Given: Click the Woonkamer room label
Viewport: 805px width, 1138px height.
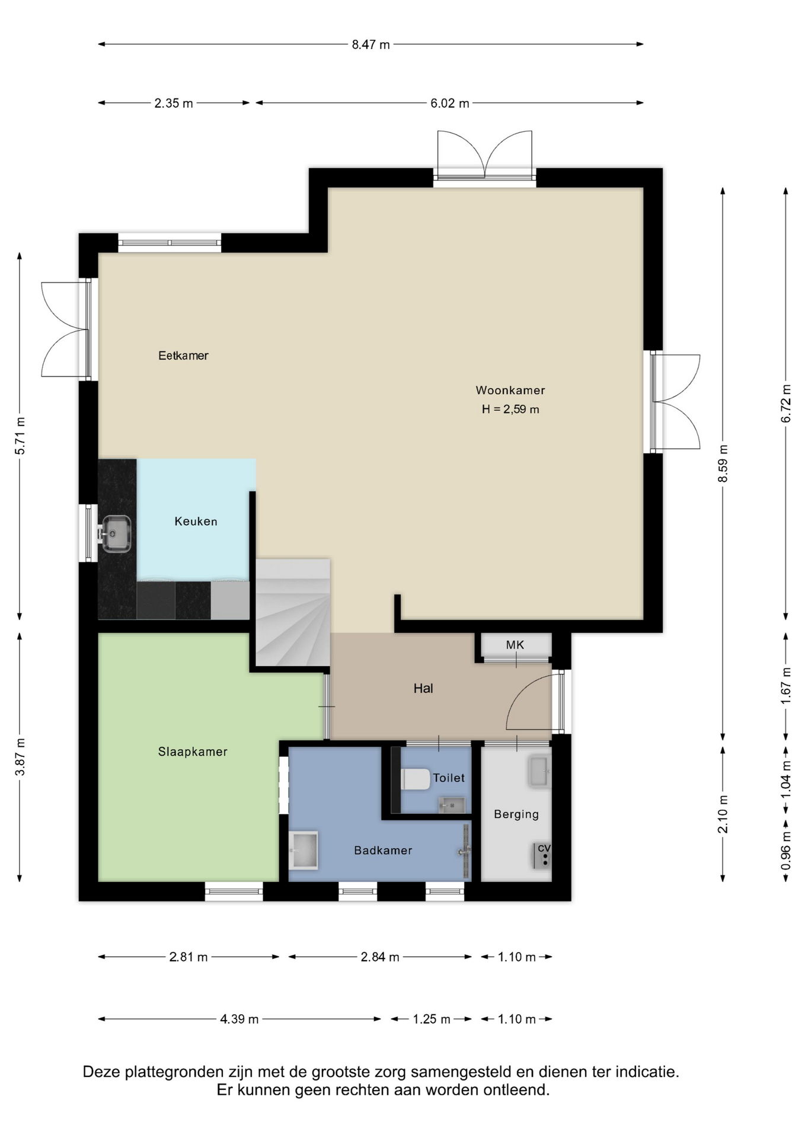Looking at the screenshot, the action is point(510,390).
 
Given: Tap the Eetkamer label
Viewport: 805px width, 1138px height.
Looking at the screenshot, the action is point(183,356).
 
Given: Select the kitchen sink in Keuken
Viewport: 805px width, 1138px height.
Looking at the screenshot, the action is point(116,533).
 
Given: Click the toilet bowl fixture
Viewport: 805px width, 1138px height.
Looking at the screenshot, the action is point(416,779).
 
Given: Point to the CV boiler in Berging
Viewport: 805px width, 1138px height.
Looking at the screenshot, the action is point(542,856).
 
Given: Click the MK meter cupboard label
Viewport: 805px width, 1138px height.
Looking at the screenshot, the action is point(515,645).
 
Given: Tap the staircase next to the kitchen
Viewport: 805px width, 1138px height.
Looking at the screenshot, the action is point(293,612).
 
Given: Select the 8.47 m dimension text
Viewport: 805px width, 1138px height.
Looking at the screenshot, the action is point(371,44).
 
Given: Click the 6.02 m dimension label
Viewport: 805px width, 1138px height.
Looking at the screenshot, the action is point(450,103).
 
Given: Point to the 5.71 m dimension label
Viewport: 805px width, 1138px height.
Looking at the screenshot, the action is point(20,436).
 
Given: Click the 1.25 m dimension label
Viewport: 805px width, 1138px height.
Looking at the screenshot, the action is point(432,1019).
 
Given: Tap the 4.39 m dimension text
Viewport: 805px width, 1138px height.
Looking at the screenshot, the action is point(239,1019).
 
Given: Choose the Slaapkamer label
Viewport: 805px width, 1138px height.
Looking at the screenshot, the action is point(193,752).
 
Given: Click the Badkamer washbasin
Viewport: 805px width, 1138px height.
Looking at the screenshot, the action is point(304,850).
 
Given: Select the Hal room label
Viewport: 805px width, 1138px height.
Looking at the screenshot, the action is point(423,688).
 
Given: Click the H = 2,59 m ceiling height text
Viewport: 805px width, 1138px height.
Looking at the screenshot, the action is point(510,409).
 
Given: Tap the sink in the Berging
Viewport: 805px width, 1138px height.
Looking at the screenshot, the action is point(539,772).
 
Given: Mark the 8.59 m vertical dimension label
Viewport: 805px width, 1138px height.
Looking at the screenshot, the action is point(723,463).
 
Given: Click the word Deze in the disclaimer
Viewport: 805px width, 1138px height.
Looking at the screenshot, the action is point(101,1072).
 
